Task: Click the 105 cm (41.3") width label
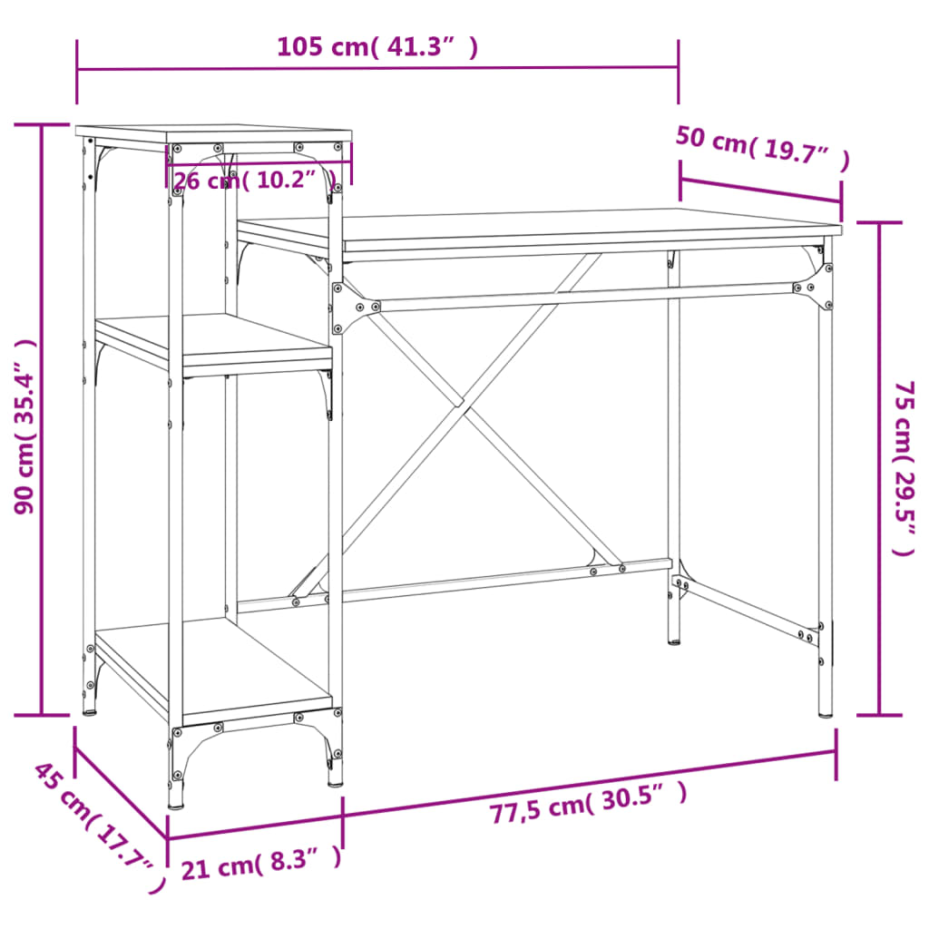(376, 47)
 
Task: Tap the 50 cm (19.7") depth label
(762, 150)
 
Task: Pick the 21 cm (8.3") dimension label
(261, 863)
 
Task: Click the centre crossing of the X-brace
(462, 403)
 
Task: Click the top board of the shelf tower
(213, 133)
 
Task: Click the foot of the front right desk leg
(825, 713)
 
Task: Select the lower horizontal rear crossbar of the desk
(454, 585)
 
